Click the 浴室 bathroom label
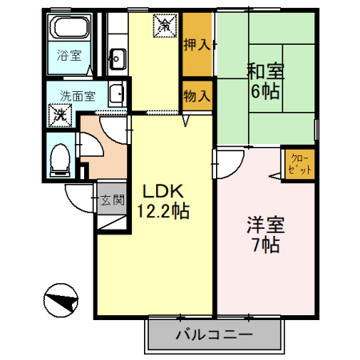tap(69, 55)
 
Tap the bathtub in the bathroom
tap(70, 30)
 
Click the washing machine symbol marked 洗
tap(60, 114)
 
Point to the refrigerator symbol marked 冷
tap(163, 26)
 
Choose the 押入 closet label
tap(197, 45)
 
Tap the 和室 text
tap(264, 70)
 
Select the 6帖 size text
tap(264, 92)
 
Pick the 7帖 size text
tap(263, 246)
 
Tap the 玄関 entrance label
tap(113, 201)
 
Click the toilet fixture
tap(58, 159)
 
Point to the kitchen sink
tap(117, 57)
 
